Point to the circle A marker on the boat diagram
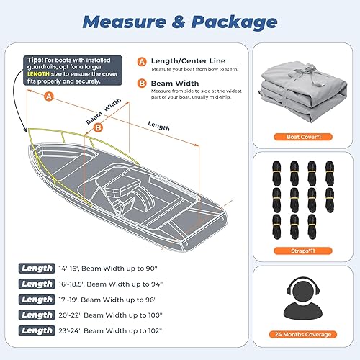coord(48,95)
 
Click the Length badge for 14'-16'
coord(37,269)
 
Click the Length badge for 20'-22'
coord(37,315)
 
